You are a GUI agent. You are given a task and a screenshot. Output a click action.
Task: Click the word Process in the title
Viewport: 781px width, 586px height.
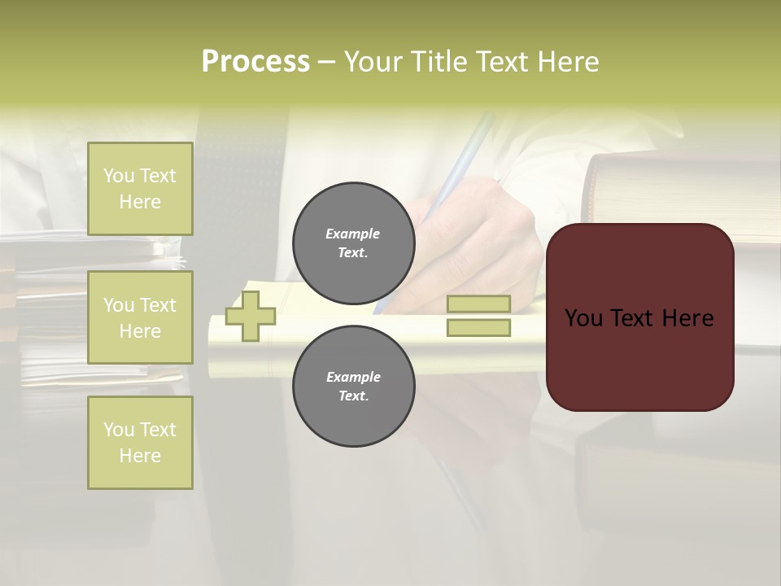point(255,62)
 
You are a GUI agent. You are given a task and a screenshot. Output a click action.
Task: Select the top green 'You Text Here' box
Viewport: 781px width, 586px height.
point(140,189)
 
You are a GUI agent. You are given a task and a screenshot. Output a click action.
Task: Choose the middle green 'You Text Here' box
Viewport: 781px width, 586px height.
point(140,317)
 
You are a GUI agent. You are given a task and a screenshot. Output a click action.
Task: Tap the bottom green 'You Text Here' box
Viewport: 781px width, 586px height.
point(140,443)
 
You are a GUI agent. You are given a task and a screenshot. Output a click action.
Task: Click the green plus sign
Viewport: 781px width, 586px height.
point(251,316)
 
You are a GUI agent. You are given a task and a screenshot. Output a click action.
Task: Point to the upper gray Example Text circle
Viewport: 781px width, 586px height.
point(354,243)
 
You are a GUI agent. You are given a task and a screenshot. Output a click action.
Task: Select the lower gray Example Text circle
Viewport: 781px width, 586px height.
point(354,387)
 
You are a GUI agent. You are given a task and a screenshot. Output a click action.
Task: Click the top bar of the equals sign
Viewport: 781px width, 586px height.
point(479,304)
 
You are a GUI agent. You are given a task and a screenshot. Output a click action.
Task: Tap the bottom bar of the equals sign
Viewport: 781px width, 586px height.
point(479,328)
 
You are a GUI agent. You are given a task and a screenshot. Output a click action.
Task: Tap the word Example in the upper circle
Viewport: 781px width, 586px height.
point(353,234)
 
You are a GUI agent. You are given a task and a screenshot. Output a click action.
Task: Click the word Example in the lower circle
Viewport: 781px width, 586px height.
point(353,377)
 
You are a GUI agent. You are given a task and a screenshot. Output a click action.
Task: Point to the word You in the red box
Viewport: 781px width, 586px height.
point(582,318)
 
